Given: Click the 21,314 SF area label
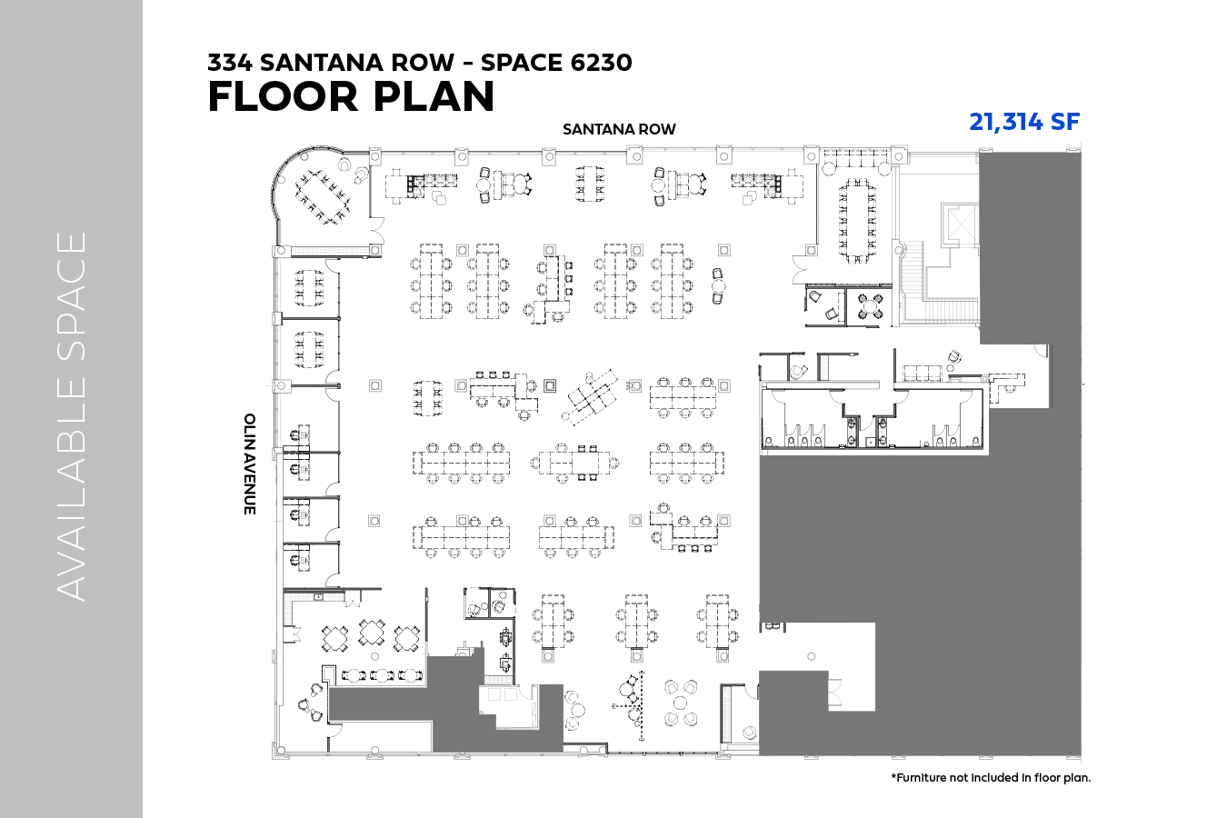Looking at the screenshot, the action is click(1024, 122).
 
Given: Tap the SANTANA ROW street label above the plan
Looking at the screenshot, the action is click(619, 129).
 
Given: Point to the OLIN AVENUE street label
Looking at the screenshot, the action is click(250, 464).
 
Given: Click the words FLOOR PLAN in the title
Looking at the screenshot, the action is click(351, 96).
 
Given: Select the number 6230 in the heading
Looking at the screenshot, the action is click(601, 63).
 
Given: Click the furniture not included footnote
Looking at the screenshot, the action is click(991, 777).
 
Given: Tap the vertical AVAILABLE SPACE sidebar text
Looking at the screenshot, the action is click(71, 416).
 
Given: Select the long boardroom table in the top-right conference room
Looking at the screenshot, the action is click(857, 220).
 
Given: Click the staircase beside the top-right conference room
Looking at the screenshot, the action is click(938, 284).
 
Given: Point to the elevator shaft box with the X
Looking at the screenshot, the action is click(960, 224).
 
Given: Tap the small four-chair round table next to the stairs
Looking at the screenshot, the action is click(870, 307).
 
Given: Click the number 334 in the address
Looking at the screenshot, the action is click(230, 63).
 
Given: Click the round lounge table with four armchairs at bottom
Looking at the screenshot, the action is click(681, 703).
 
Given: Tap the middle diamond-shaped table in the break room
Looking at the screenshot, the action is click(372, 633).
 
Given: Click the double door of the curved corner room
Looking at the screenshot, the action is click(377, 231).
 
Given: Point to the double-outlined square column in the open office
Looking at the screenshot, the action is click(550, 385).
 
